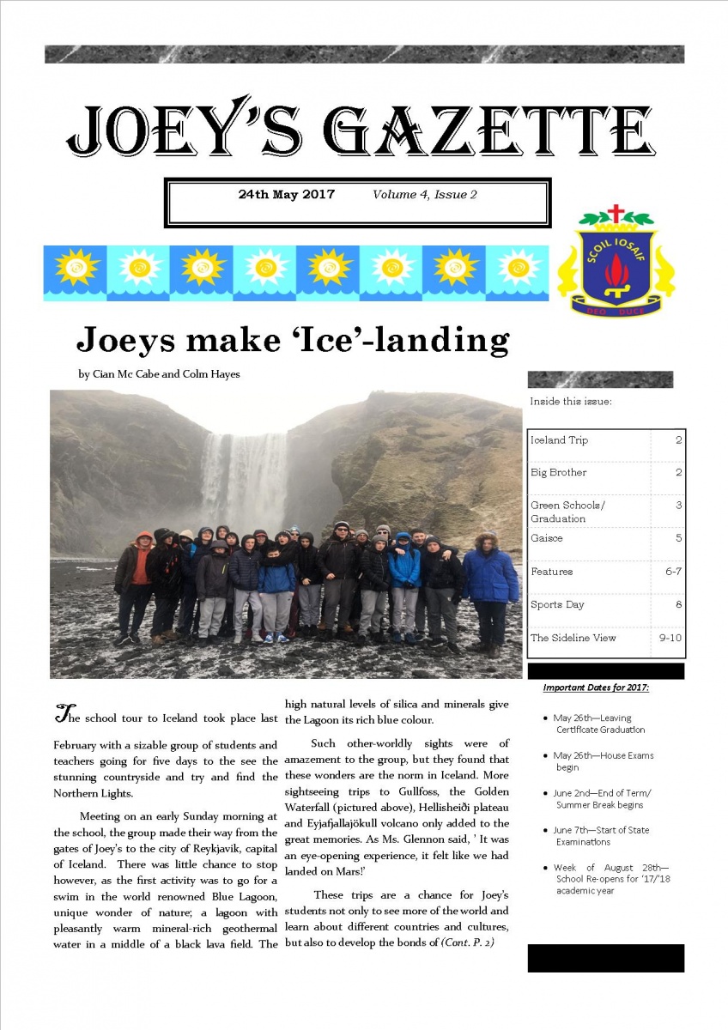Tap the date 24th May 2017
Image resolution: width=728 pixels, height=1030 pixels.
(286, 195)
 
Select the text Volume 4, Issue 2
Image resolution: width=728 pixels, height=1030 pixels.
(424, 195)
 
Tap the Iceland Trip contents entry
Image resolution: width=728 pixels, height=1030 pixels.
(559, 440)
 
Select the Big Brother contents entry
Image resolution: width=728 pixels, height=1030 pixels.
(558, 472)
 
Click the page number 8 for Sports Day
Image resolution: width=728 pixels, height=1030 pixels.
(678, 604)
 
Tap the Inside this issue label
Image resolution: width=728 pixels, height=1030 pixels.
(570, 401)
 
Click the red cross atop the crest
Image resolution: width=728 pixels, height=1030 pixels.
(615, 213)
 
